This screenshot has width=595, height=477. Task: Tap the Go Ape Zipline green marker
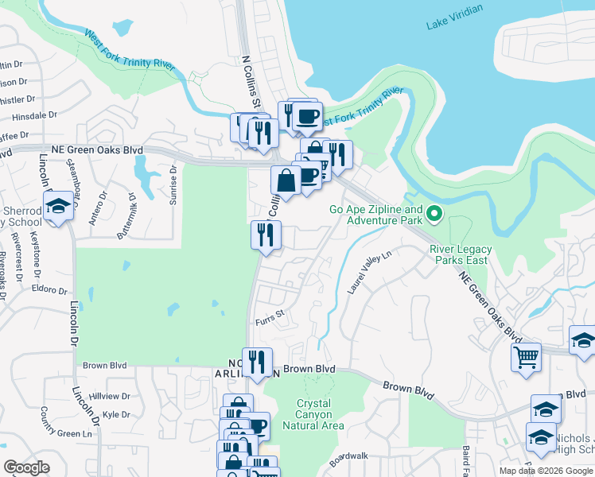click(x=434, y=213)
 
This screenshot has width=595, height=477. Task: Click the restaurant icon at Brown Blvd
click(x=257, y=362)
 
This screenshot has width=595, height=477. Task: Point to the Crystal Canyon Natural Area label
click(x=319, y=415)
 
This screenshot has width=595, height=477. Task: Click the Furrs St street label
click(x=270, y=322)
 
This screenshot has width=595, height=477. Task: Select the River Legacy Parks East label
click(x=461, y=254)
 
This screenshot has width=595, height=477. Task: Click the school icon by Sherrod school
click(x=57, y=207)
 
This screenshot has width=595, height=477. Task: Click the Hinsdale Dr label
click(x=31, y=115)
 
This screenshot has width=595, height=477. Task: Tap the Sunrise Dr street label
click(x=172, y=185)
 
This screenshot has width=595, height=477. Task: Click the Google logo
click(x=26, y=467)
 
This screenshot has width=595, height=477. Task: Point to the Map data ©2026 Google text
click(x=545, y=471)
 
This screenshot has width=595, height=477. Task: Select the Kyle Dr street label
click(x=116, y=414)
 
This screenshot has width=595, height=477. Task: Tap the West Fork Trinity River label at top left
click(x=130, y=51)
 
